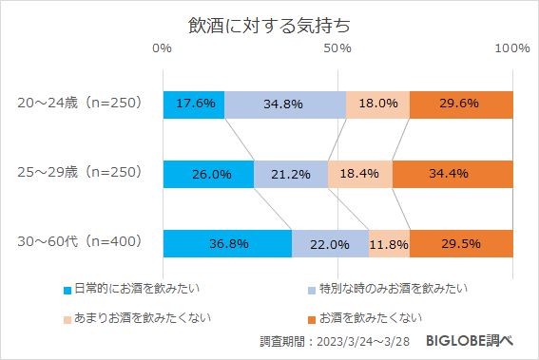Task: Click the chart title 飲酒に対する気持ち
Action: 269,20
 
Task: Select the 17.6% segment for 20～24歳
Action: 194,104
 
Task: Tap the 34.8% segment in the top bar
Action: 285,104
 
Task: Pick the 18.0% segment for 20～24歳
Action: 377,104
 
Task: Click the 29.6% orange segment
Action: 461,104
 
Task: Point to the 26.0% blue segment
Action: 209,174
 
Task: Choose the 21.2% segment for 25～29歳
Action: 291,174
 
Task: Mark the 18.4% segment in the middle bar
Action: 360,174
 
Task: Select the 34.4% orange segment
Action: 452,174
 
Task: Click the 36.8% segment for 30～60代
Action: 227,243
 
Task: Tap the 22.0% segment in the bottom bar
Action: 330,243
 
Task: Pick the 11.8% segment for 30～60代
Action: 389,243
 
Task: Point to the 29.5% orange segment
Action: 461,243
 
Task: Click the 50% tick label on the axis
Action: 337,48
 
